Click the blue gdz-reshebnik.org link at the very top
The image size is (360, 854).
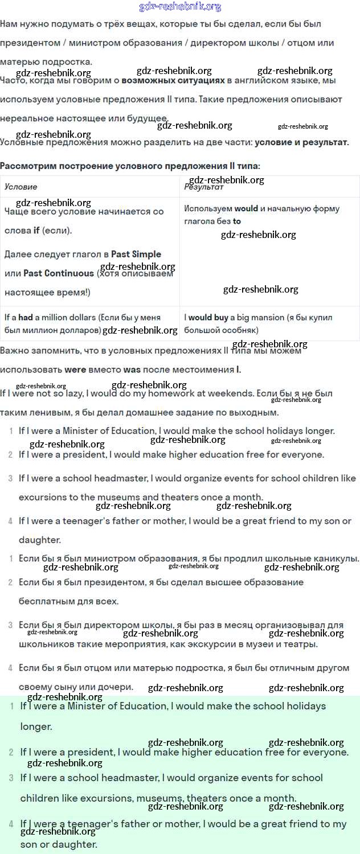click(x=180, y=7)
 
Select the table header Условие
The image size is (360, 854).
click(x=21, y=187)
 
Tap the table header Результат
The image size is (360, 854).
click(x=203, y=187)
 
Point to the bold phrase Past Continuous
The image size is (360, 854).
click(x=59, y=273)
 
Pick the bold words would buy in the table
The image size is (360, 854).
click(x=208, y=317)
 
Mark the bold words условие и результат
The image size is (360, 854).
click(x=301, y=142)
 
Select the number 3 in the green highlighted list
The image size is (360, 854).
click(x=11, y=778)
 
